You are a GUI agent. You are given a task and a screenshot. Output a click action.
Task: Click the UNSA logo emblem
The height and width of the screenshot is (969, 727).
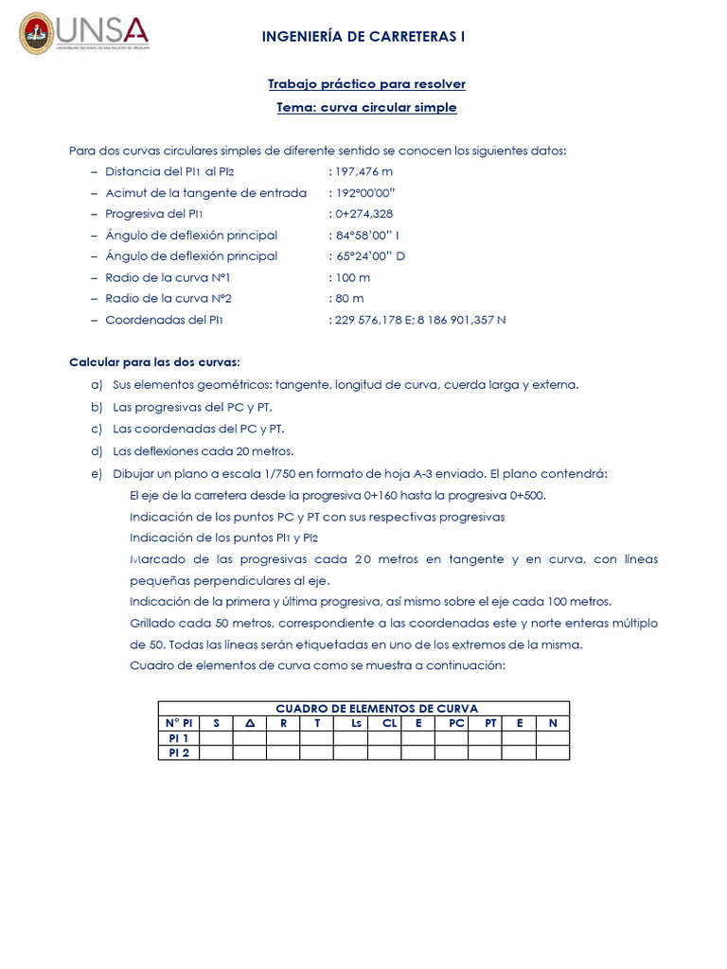pyautogui.click(x=37, y=33)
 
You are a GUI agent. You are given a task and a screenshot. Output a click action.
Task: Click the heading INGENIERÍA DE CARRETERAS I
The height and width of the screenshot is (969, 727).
pyautogui.click(x=363, y=37)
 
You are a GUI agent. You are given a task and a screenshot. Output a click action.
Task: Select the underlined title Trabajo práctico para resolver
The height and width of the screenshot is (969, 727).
pyautogui.click(x=366, y=84)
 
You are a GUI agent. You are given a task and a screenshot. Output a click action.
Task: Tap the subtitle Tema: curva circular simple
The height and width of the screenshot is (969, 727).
pyautogui.click(x=366, y=108)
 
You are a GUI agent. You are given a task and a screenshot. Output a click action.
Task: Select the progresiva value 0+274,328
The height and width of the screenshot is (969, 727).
pyautogui.click(x=363, y=214)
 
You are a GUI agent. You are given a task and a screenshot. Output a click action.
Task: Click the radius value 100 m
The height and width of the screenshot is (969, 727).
pyautogui.click(x=352, y=277)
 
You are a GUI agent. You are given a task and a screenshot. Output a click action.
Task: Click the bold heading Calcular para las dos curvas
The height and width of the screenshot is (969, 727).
pyautogui.click(x=155, y=363)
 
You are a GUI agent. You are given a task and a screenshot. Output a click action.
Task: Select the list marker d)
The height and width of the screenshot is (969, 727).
pyautogui.click(x=96, y=450)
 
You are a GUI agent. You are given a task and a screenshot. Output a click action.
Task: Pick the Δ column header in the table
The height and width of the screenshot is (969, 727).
pyautogui.click(x=250, y=723)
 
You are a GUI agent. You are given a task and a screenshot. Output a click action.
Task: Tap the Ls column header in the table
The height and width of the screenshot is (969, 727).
pyautogui.click(x=356, y=723)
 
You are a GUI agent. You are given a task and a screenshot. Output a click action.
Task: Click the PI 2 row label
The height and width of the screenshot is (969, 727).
pyautogui.click(x=179, y=753)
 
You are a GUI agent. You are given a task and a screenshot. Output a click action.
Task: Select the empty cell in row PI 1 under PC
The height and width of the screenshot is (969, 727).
pyautogui.click(x=457, y=738)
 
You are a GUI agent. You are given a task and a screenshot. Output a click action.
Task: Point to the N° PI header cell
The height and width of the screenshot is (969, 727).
pyautogui.click(x=179, y=723)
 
